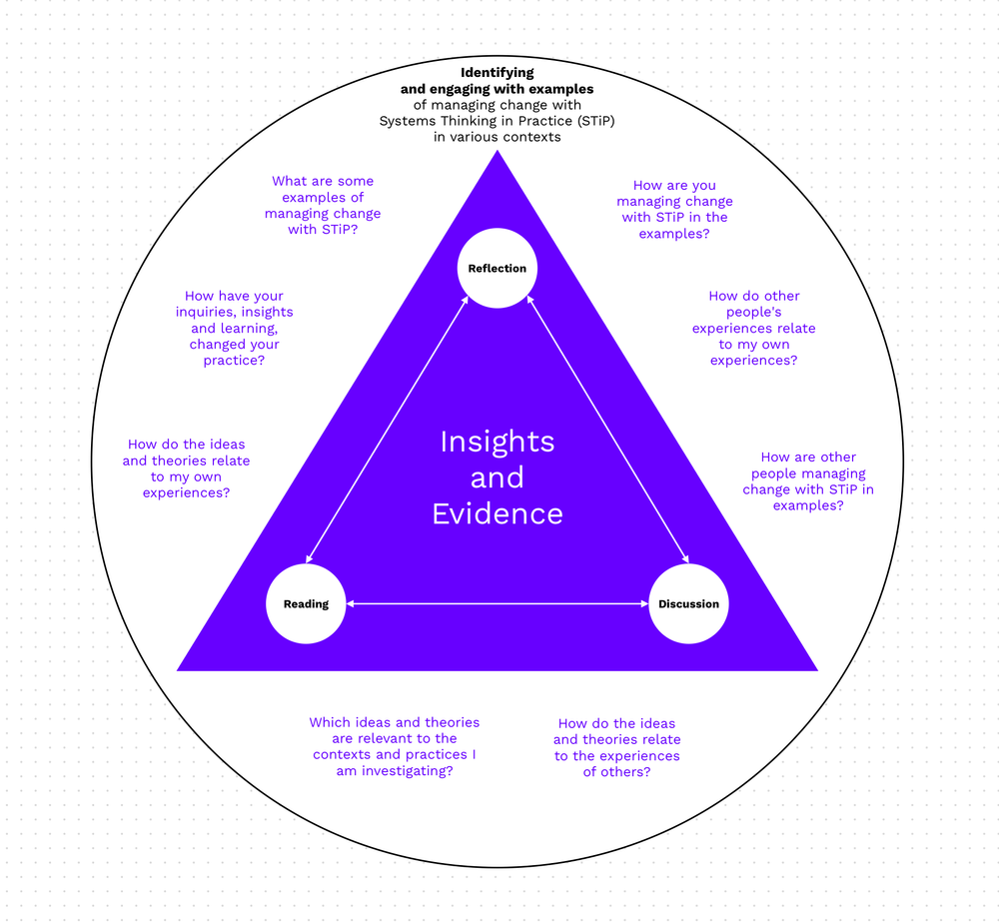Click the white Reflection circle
point(498,269)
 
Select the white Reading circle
point(306,603)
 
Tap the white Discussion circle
point(688,603)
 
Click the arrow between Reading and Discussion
point(498,603)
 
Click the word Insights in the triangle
point(498,442)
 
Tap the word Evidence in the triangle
point(498,513)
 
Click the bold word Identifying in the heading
point(498,73)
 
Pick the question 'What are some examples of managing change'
point(323,205)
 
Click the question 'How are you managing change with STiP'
point(674,210)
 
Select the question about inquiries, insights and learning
point(234,328)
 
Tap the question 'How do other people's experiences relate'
point(754,328)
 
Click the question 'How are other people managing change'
point(808,481)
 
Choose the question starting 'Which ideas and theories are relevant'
point(394,746)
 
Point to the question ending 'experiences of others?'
point(616,747)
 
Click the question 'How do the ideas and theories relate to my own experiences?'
point(186,468)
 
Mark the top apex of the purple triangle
point(498,153)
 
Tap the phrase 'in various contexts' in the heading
point(498,137)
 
